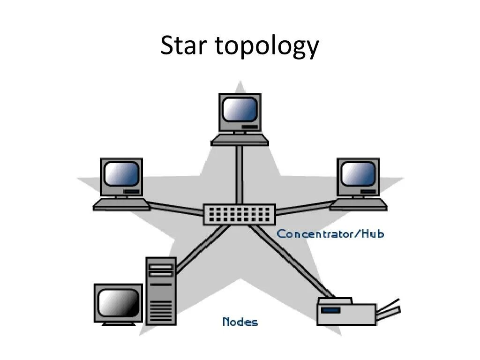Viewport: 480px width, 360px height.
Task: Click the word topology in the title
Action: pyautogui.click(x=267, y=47)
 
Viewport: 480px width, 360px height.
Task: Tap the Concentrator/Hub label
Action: pyautogui.click(x=330, y=233)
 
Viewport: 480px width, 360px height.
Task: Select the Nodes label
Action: pyautogui.click(x=240, y=322)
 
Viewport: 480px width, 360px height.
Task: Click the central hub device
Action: pyautogui.click(x=239, y=214)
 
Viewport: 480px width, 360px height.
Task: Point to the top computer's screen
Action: pyautogui.click(x=240, y=109)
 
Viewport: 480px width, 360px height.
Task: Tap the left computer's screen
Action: pyautogui.click(x=121, y=174)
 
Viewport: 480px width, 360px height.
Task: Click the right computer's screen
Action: pyautogui.click(x=358, y=174)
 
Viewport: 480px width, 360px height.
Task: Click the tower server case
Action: pyautogui.click(x=161, y=291)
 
